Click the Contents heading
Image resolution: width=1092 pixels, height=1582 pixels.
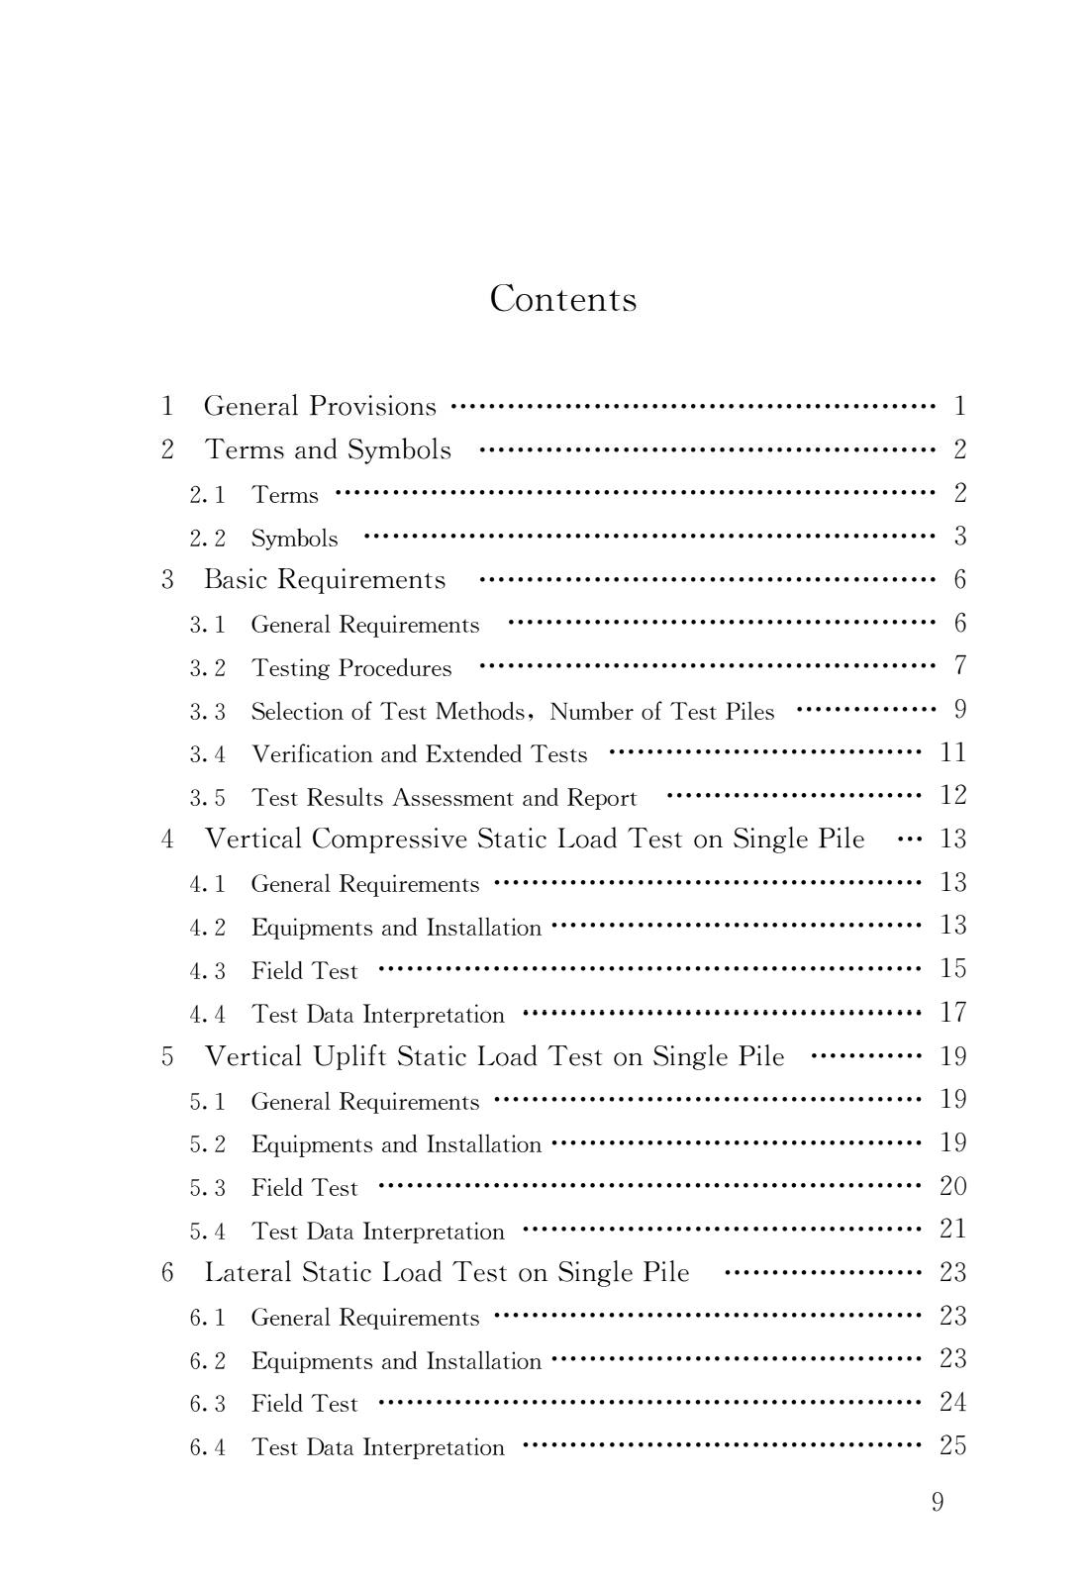pos(562,299)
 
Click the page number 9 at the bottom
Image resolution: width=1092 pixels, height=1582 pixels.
pos(937,1503)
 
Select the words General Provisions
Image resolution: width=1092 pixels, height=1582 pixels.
pos(319,406)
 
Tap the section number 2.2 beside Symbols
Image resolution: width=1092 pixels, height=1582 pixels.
pos(207,539)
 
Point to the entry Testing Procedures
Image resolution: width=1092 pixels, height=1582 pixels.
pos(351,668)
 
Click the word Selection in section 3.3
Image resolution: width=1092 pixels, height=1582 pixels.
pos(288,712)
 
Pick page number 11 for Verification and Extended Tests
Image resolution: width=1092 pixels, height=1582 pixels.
pos(952,753)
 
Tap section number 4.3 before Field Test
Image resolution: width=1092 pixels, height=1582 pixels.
pos(207,971)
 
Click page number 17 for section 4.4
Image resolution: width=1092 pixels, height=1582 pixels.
pos(952,1013)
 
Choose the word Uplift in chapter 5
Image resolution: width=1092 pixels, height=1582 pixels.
pos(349,1056)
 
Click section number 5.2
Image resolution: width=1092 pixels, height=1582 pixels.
pos(207,1144)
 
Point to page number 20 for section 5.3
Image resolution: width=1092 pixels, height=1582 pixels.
pos(952,1186)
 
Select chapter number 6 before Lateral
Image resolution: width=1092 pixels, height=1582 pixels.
pos(167,1272)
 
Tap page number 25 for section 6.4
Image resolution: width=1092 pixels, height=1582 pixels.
pos(952,1445)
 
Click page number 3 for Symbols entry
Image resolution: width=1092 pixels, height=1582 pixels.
pos(959,537)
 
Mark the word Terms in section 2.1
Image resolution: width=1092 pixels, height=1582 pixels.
pos(285,495)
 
